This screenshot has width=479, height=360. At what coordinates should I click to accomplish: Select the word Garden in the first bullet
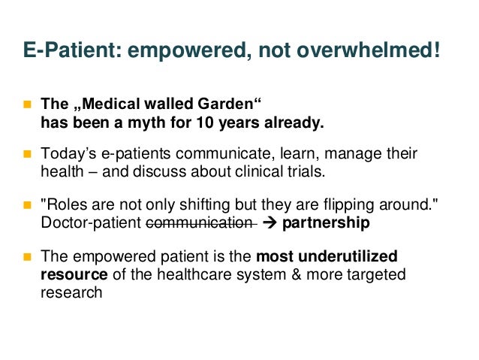[x=224, y=104]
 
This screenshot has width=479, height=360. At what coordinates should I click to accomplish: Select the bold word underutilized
[x=348, y=257]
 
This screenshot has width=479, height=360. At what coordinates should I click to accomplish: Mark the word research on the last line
[x=71, y=292]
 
